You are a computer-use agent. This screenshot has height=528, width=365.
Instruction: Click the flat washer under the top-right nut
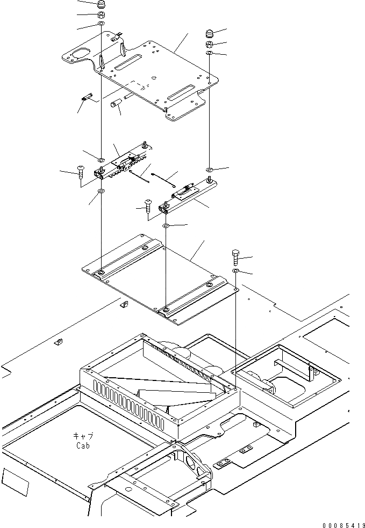(x=210, y=54)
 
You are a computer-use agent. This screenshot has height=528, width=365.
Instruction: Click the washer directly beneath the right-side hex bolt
(x=236, y=273)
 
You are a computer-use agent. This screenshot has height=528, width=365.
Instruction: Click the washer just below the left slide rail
(x=102, y=190)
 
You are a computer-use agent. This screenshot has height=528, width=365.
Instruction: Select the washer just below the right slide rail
(x=166, y=225)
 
